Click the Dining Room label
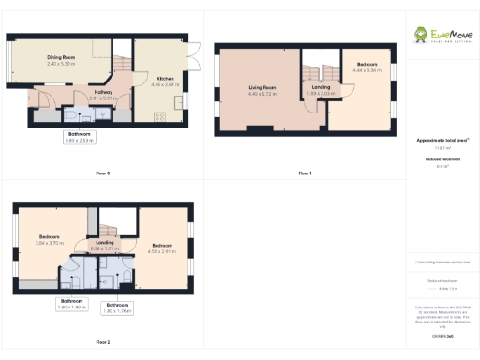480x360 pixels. point(61,57)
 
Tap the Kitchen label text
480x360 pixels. point(164,77)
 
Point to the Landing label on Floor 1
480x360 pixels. point(320,88)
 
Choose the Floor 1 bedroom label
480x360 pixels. point(367,65)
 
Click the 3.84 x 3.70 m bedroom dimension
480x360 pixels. point(50,242)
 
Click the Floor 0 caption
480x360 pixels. point(103,173)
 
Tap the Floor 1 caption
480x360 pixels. point(305,173)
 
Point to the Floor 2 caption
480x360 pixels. point(103,342)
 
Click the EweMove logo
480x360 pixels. point(442,36)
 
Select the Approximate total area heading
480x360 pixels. point(442,141)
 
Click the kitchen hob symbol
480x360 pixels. point(158,116)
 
